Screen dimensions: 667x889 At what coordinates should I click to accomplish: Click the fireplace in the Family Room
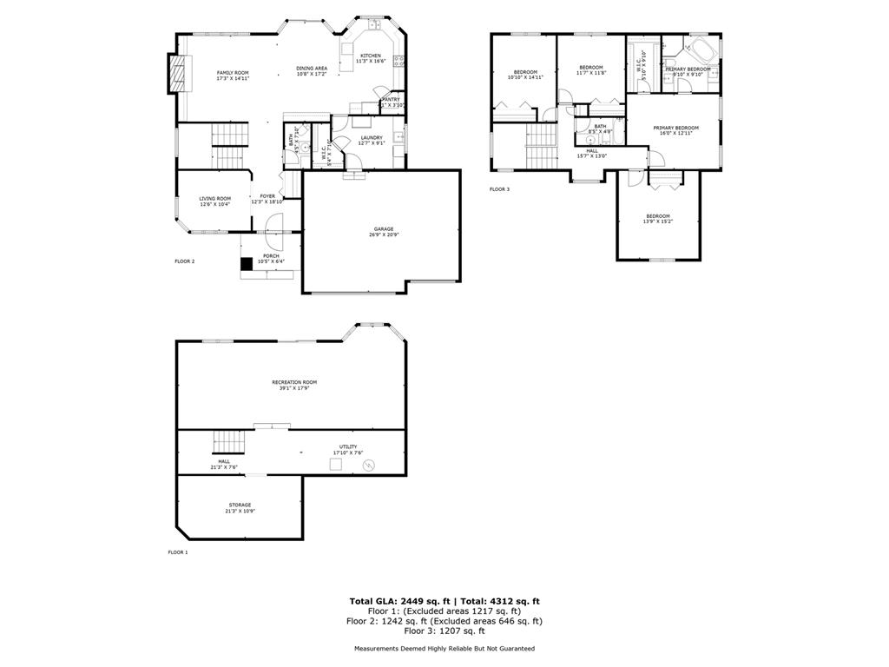coord(179,73)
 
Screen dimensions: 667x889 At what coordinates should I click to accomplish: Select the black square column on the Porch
coord(247,264)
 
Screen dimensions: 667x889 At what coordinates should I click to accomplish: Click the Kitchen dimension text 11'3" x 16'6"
coord(371,62)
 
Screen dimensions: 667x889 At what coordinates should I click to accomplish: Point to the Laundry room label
coord(372,137)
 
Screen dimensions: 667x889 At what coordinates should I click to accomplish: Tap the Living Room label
coord(215,198)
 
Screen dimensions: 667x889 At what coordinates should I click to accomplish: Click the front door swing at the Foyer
coord(273,224)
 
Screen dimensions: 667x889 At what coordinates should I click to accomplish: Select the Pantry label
coord(392,99)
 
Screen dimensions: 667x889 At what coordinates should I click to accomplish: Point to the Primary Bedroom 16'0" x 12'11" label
coord(675,128)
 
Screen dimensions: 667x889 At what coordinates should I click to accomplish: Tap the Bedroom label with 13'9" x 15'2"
coord(657,216)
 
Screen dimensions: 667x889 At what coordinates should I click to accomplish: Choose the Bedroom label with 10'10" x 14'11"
coord(525,72)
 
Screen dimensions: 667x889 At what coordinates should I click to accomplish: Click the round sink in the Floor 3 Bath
coord(590,139)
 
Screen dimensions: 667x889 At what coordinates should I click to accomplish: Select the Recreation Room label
coord(294,382)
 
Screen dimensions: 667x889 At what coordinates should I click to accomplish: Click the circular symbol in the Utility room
coord(368,466)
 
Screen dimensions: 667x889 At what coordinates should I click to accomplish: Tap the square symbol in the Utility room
coord(334,465)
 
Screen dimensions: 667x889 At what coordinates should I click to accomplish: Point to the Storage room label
coord(240,505)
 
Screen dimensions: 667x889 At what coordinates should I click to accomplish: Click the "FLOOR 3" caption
coord(499,188)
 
